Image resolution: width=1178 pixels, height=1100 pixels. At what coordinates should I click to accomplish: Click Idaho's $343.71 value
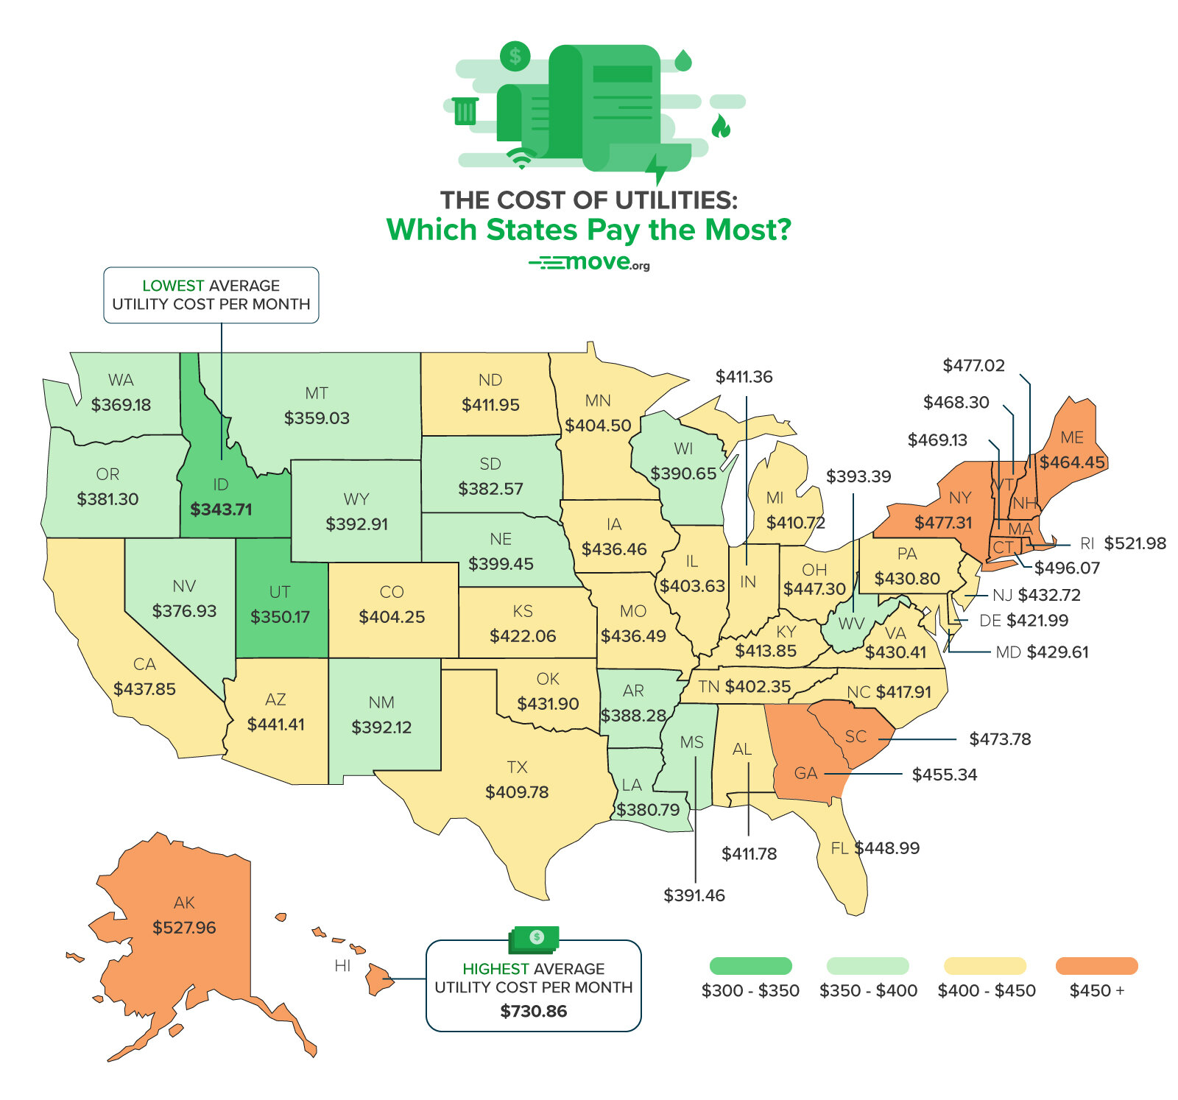point(221,510)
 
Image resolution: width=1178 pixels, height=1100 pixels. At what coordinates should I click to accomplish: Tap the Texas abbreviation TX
point(517,767)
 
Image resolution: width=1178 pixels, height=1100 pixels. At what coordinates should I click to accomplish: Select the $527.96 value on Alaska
point(184,928)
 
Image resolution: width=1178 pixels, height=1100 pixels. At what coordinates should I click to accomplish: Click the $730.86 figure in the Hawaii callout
point(533,1012)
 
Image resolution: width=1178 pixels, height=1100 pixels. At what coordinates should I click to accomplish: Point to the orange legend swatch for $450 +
point(1096,966)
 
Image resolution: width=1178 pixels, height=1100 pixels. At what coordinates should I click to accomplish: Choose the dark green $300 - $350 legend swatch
point(750,966)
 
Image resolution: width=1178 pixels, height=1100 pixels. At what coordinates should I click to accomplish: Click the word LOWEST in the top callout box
point(173,286)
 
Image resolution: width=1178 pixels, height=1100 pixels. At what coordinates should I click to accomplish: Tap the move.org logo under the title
point(589,263)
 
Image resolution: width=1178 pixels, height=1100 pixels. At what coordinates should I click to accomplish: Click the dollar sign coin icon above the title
point(515,56)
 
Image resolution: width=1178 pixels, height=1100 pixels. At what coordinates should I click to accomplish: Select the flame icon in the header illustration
point(721,127)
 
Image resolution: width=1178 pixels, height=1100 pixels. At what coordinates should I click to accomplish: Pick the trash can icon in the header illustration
point(465,110)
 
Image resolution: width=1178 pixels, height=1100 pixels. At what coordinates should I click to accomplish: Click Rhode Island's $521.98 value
point(1135,543)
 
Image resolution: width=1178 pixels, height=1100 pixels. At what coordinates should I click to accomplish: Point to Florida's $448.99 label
point(886,848)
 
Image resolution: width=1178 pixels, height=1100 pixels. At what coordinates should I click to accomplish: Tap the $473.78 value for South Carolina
point(999,739)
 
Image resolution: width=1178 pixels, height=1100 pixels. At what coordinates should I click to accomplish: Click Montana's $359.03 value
point(317,418)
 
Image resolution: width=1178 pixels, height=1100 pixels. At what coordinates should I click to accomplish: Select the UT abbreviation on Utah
point(280,592)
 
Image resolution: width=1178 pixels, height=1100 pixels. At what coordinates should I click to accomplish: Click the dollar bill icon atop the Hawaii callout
point(535,938)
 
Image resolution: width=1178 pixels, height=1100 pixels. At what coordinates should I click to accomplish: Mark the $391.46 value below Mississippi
point(694,895)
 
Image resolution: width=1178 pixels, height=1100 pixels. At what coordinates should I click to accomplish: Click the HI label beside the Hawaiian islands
point(342,966)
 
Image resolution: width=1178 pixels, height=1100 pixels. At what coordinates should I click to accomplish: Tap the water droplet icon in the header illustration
point(683,60)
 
